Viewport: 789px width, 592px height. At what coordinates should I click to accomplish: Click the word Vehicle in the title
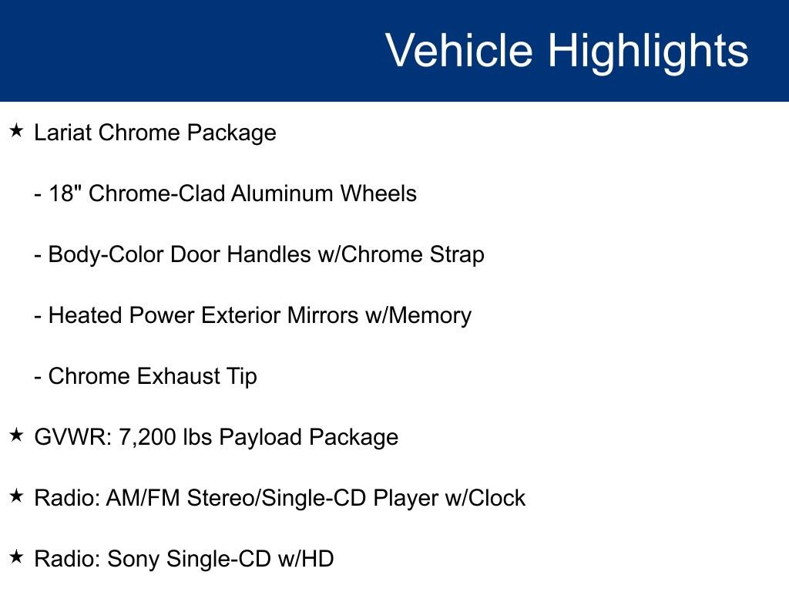click(x=458, y=51)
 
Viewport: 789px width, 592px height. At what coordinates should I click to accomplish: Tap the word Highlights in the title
click(x=648, y=51)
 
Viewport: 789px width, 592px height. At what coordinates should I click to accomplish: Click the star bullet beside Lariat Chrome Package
click(x=16, y=131)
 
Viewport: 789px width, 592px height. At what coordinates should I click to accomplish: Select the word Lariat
click(x=63, y=133)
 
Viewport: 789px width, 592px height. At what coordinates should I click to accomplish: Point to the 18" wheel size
click(x=65, y=193)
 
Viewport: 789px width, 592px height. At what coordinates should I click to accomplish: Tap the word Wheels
click(x=382, y=193)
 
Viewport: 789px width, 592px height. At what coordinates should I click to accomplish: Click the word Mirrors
click(x=323, y=315)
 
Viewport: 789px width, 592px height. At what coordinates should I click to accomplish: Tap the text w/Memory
click(x=418, y=315)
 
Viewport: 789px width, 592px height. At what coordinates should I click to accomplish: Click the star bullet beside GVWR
click(x=16, y=436)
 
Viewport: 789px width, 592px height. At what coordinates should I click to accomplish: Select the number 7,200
click(x=148, y=437)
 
